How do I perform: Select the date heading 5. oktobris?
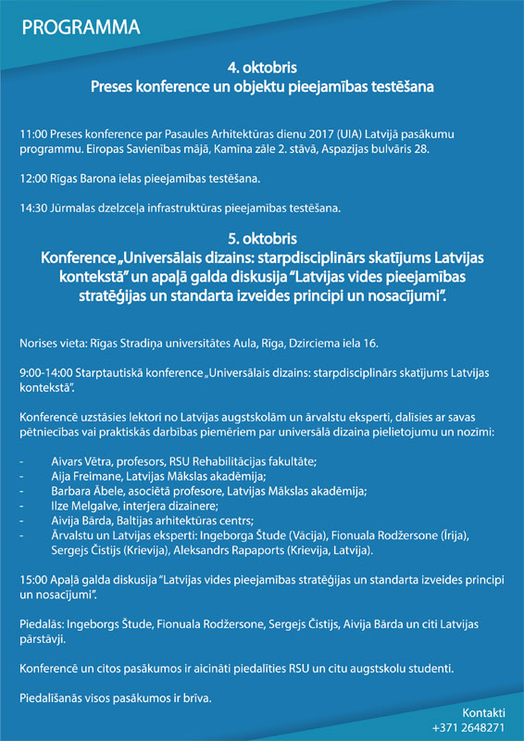pos(261,237)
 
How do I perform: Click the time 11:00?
pos(33,134)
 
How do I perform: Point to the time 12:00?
pos(33,177)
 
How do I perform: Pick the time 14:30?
pos(33,207)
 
